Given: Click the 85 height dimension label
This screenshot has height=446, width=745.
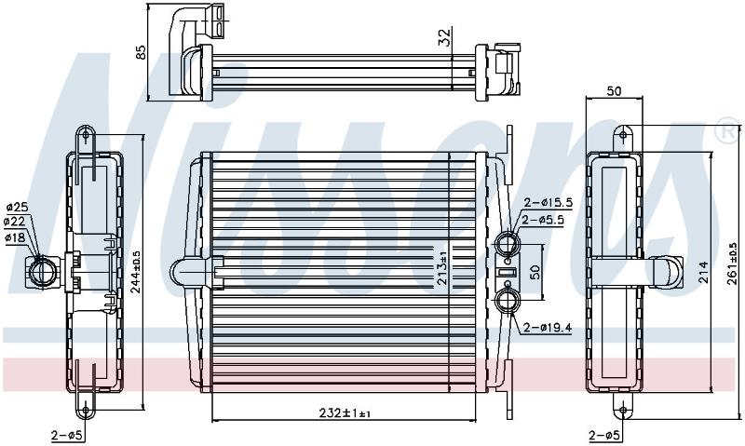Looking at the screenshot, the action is (x=141, y=52).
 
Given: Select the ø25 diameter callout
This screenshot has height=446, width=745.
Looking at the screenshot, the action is (x=17, y=207).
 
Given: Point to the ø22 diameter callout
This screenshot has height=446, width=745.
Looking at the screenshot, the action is (x=14, y=222).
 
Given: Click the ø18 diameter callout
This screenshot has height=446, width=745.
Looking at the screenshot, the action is (x=16, y=237).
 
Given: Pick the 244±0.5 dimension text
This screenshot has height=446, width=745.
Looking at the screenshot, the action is (x=136, y=272).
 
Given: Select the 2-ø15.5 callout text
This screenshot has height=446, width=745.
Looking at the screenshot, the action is (x=548, y=203).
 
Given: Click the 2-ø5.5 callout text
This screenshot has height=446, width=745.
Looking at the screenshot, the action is (x=543, y=220).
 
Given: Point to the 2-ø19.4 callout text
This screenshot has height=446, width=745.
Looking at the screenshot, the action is (x=548, y=328).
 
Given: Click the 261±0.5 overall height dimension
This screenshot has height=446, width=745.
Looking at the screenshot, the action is (x=733, y=264).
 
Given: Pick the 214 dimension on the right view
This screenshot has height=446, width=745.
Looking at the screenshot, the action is (x=704, y=272).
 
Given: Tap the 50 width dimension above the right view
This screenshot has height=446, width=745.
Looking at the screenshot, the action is (x=614, y=90).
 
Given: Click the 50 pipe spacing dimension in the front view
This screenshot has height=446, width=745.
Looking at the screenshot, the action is (x=535, y=272).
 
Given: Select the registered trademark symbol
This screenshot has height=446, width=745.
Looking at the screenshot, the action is (x=727, y=131).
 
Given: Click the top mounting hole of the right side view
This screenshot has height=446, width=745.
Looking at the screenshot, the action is (x=623, y=135).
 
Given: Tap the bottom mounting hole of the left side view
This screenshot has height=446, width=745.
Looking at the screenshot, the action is (x=86, y=410).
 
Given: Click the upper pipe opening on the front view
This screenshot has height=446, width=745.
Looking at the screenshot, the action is (x=508, y=244).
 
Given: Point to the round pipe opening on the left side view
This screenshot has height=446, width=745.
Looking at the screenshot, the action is (x=43, y=272).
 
